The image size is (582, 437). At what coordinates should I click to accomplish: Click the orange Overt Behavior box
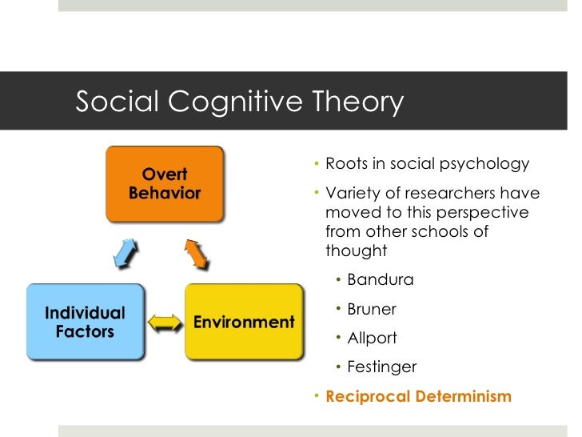click(165, 184)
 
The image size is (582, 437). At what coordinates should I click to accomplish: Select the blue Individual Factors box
click(86, 321)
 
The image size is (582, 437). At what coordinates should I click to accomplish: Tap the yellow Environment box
click(244, 322)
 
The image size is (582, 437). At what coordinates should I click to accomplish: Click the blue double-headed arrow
click(125, 253)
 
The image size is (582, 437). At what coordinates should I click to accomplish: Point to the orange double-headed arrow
click(197, 253)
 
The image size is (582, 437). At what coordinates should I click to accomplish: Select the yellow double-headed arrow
click(165, 323)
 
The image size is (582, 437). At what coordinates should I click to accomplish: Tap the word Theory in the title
click(356, 103)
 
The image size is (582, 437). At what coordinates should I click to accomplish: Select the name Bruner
click(372, 310)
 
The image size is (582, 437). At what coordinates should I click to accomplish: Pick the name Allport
click(372, 339)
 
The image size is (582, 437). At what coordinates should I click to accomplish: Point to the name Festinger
click(381, 367)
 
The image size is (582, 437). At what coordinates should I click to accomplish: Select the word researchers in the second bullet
click(435, 194)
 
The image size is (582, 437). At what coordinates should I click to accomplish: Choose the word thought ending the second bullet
click(356, 251)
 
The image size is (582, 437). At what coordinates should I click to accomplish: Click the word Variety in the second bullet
click(351, 194)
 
